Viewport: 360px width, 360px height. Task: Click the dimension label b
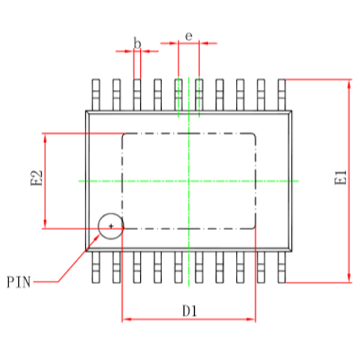137,43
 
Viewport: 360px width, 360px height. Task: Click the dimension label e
189,36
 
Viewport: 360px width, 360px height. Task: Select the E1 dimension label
340,178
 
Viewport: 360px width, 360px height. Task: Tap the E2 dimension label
36,178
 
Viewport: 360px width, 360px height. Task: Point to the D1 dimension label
189,311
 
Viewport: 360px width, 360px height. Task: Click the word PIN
19,282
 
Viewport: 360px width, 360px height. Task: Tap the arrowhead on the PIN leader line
97,237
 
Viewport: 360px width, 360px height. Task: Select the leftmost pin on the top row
96,95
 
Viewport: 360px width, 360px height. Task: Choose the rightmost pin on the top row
282,95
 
